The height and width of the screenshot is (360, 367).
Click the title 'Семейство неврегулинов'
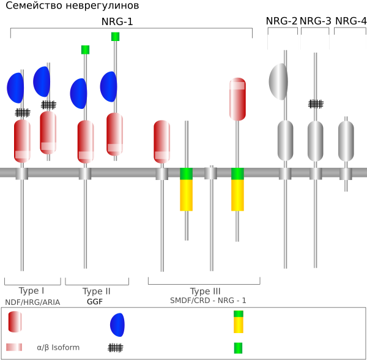[x=72, y=6]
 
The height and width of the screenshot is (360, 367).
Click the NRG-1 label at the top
[x=117, y=21]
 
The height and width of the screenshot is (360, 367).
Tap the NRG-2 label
[x=281, y=21]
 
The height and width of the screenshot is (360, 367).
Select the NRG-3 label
[x=316, y=21]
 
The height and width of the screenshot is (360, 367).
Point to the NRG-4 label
[x=350, y=21]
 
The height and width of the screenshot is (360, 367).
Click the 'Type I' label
[x=31, y=291]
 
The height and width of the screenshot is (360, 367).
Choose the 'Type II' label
[x=96, y=291]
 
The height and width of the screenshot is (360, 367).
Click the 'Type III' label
[x=206, y=291]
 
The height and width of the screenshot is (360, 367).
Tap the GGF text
[x=95, y=302]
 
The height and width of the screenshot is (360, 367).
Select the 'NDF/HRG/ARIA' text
[x=32, y=302]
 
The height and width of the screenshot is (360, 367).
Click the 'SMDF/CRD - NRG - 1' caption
[x=208, y=301]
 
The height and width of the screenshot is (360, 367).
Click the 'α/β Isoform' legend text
[x=58, y=347]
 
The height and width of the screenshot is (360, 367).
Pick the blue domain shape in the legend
[x=117, y=325]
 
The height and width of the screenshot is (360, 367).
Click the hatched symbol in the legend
[x=116, y=348]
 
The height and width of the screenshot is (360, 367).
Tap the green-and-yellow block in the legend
[x=239, y=322]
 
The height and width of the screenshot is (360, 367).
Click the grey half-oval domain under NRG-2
[x=278, y=81]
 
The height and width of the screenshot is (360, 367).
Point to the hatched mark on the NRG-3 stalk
[x=316, y=104]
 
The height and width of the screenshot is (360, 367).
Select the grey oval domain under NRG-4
[x=346, y=141]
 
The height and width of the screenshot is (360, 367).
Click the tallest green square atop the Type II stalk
[x=116, y=37]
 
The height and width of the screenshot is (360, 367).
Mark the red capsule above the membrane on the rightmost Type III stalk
[x=237, y=99]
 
